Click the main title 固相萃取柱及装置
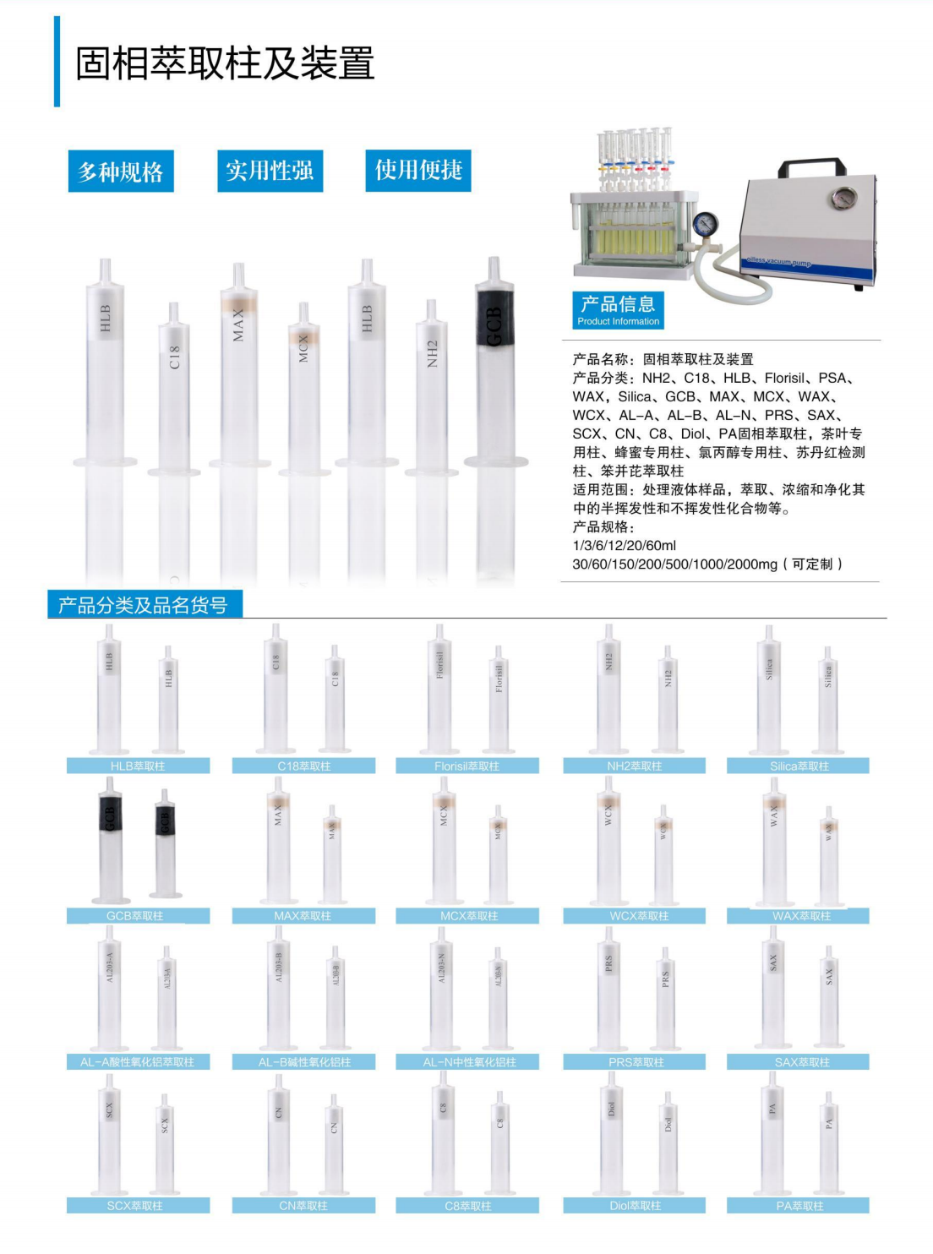(225, 63)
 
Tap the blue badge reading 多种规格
(121, 172)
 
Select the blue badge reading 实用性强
(270, 171)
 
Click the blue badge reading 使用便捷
(418, 170)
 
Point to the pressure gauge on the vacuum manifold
(703, 225)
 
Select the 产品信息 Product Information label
(618, 309)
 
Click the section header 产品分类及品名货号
(144, 605)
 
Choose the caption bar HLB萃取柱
(138, 766)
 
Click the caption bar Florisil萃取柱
(466, 766)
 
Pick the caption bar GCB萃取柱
(135, 915)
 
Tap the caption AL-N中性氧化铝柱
(468, 1061)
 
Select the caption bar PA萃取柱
(799, 1206)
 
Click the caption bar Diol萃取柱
(635, 1206)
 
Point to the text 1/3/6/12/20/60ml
(624, 545)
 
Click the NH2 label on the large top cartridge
(432, 354)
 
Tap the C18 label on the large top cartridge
(174, 357)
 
